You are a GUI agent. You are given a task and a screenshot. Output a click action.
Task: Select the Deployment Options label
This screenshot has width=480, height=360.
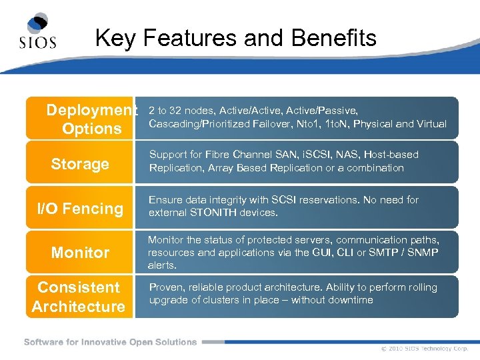coord(92,119)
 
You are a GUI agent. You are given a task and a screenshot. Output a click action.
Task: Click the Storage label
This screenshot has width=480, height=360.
coord(80,164)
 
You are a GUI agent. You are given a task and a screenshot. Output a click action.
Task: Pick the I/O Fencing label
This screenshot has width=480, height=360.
coord(80,209)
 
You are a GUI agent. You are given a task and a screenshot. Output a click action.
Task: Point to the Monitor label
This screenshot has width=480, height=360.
coord(80,253)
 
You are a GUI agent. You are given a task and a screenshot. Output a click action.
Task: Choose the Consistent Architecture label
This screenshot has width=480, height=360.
coord(79,297)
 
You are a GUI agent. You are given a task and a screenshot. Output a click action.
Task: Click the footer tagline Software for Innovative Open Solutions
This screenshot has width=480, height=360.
coord(110,342)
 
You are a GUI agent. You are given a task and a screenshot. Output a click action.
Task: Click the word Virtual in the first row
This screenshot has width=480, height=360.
coord(431,123)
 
